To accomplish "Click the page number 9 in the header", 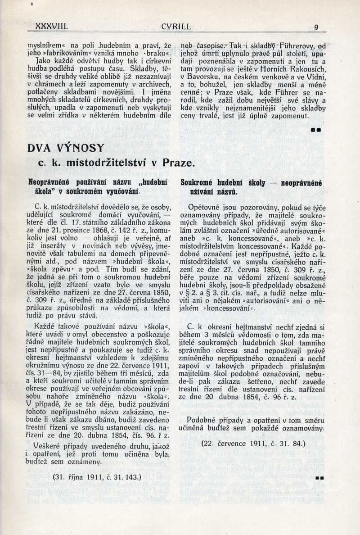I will [x=316, y=27].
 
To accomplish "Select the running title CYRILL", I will [x=176, y=27].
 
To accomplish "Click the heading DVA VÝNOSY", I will [x=66, y=148].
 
